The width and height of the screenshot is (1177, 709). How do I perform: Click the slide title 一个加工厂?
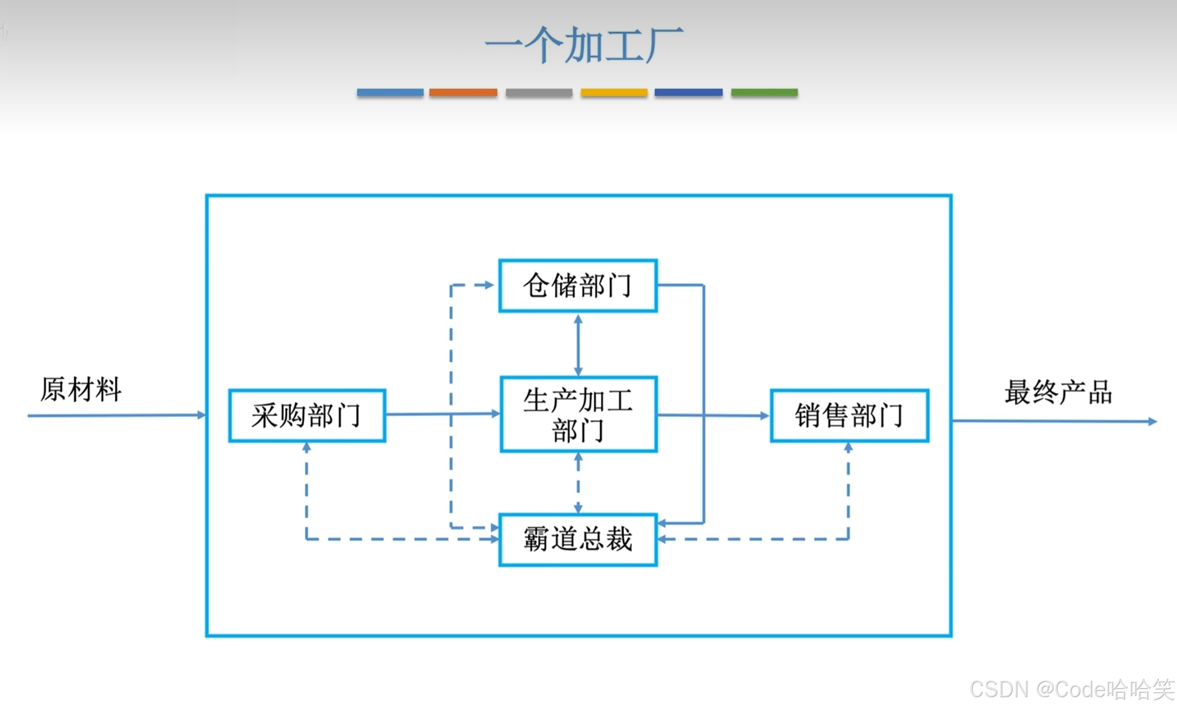point(584,45)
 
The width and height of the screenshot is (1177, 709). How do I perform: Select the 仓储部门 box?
point(578,286)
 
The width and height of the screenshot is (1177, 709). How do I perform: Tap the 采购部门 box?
point(307,415)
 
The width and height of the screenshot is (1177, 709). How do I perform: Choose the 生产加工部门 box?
point(578,415)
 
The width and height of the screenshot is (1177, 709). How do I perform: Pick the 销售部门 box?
point(850,415)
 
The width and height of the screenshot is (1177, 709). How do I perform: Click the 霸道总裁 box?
point(578,540)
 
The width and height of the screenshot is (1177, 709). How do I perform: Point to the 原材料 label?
point(81,389)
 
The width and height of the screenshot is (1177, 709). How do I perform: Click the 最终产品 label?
point(1058,392)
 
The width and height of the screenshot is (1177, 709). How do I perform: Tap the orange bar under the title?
point(463,93)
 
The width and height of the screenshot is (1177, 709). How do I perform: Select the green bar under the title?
point(764,93)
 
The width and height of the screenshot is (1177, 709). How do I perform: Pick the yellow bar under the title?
point(614,93)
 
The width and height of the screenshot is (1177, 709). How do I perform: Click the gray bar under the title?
point(539,93)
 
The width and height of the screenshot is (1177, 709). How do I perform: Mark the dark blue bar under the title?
point(688,93)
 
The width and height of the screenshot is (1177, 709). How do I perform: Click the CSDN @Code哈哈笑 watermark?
point(1071,689)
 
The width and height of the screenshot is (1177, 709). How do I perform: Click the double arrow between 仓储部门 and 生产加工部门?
point(578,345)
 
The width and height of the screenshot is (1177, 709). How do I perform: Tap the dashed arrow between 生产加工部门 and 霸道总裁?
point(578,483)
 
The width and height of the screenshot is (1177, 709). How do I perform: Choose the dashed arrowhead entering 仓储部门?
point(488,285)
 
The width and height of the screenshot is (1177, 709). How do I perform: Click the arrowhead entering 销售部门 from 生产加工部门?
point(764,416)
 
